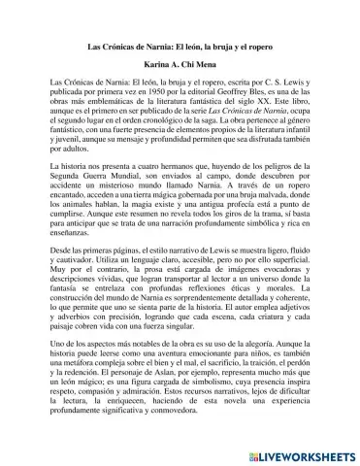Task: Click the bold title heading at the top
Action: pyautogui.click(x=180, y=45)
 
